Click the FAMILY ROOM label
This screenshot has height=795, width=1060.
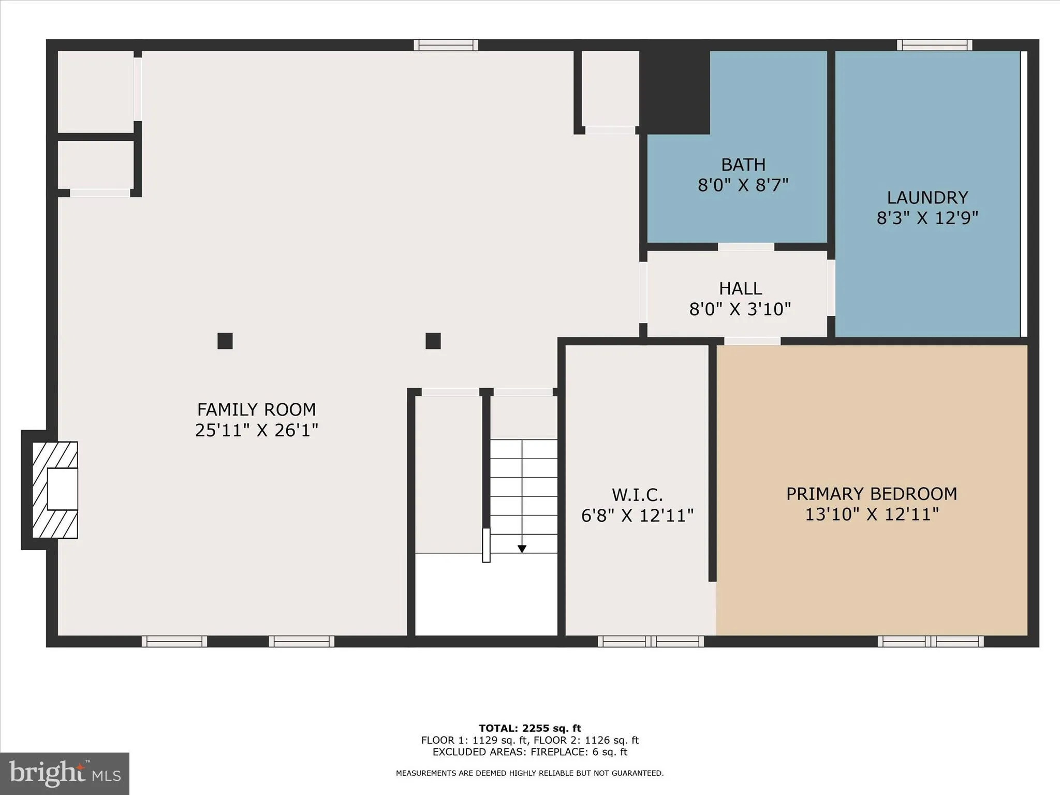pos(256,409)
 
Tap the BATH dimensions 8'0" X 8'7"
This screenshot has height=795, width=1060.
pos(743,185)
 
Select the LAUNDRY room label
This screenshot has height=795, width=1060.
pos(927,198)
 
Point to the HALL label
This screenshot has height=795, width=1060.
pos(740,288)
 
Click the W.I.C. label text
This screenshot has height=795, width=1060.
pos(637,495)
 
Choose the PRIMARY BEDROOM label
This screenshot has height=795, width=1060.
pos(872,494)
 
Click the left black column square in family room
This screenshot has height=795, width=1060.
pos(225,341)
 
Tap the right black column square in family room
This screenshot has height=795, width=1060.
pos(433,341)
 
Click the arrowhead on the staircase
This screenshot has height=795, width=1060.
pos(522,549)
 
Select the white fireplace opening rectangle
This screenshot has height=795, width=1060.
pos(62,489)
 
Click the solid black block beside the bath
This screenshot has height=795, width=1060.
pos(674,92)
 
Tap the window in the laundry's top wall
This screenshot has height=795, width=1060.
pos(934,45)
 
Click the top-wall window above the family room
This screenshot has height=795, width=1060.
pos(446,45)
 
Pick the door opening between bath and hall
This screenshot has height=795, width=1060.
pos(746,247)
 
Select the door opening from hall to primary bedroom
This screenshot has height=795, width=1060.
pos(752,341)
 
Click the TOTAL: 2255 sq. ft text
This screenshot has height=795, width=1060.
pos(529,728)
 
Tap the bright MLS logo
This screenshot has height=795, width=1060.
pos(65,773)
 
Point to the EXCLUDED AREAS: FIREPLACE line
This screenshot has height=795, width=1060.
pos(529,752)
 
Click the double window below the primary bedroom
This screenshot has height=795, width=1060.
pos(930,641)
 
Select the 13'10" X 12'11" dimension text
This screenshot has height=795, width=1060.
pos(872,514)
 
